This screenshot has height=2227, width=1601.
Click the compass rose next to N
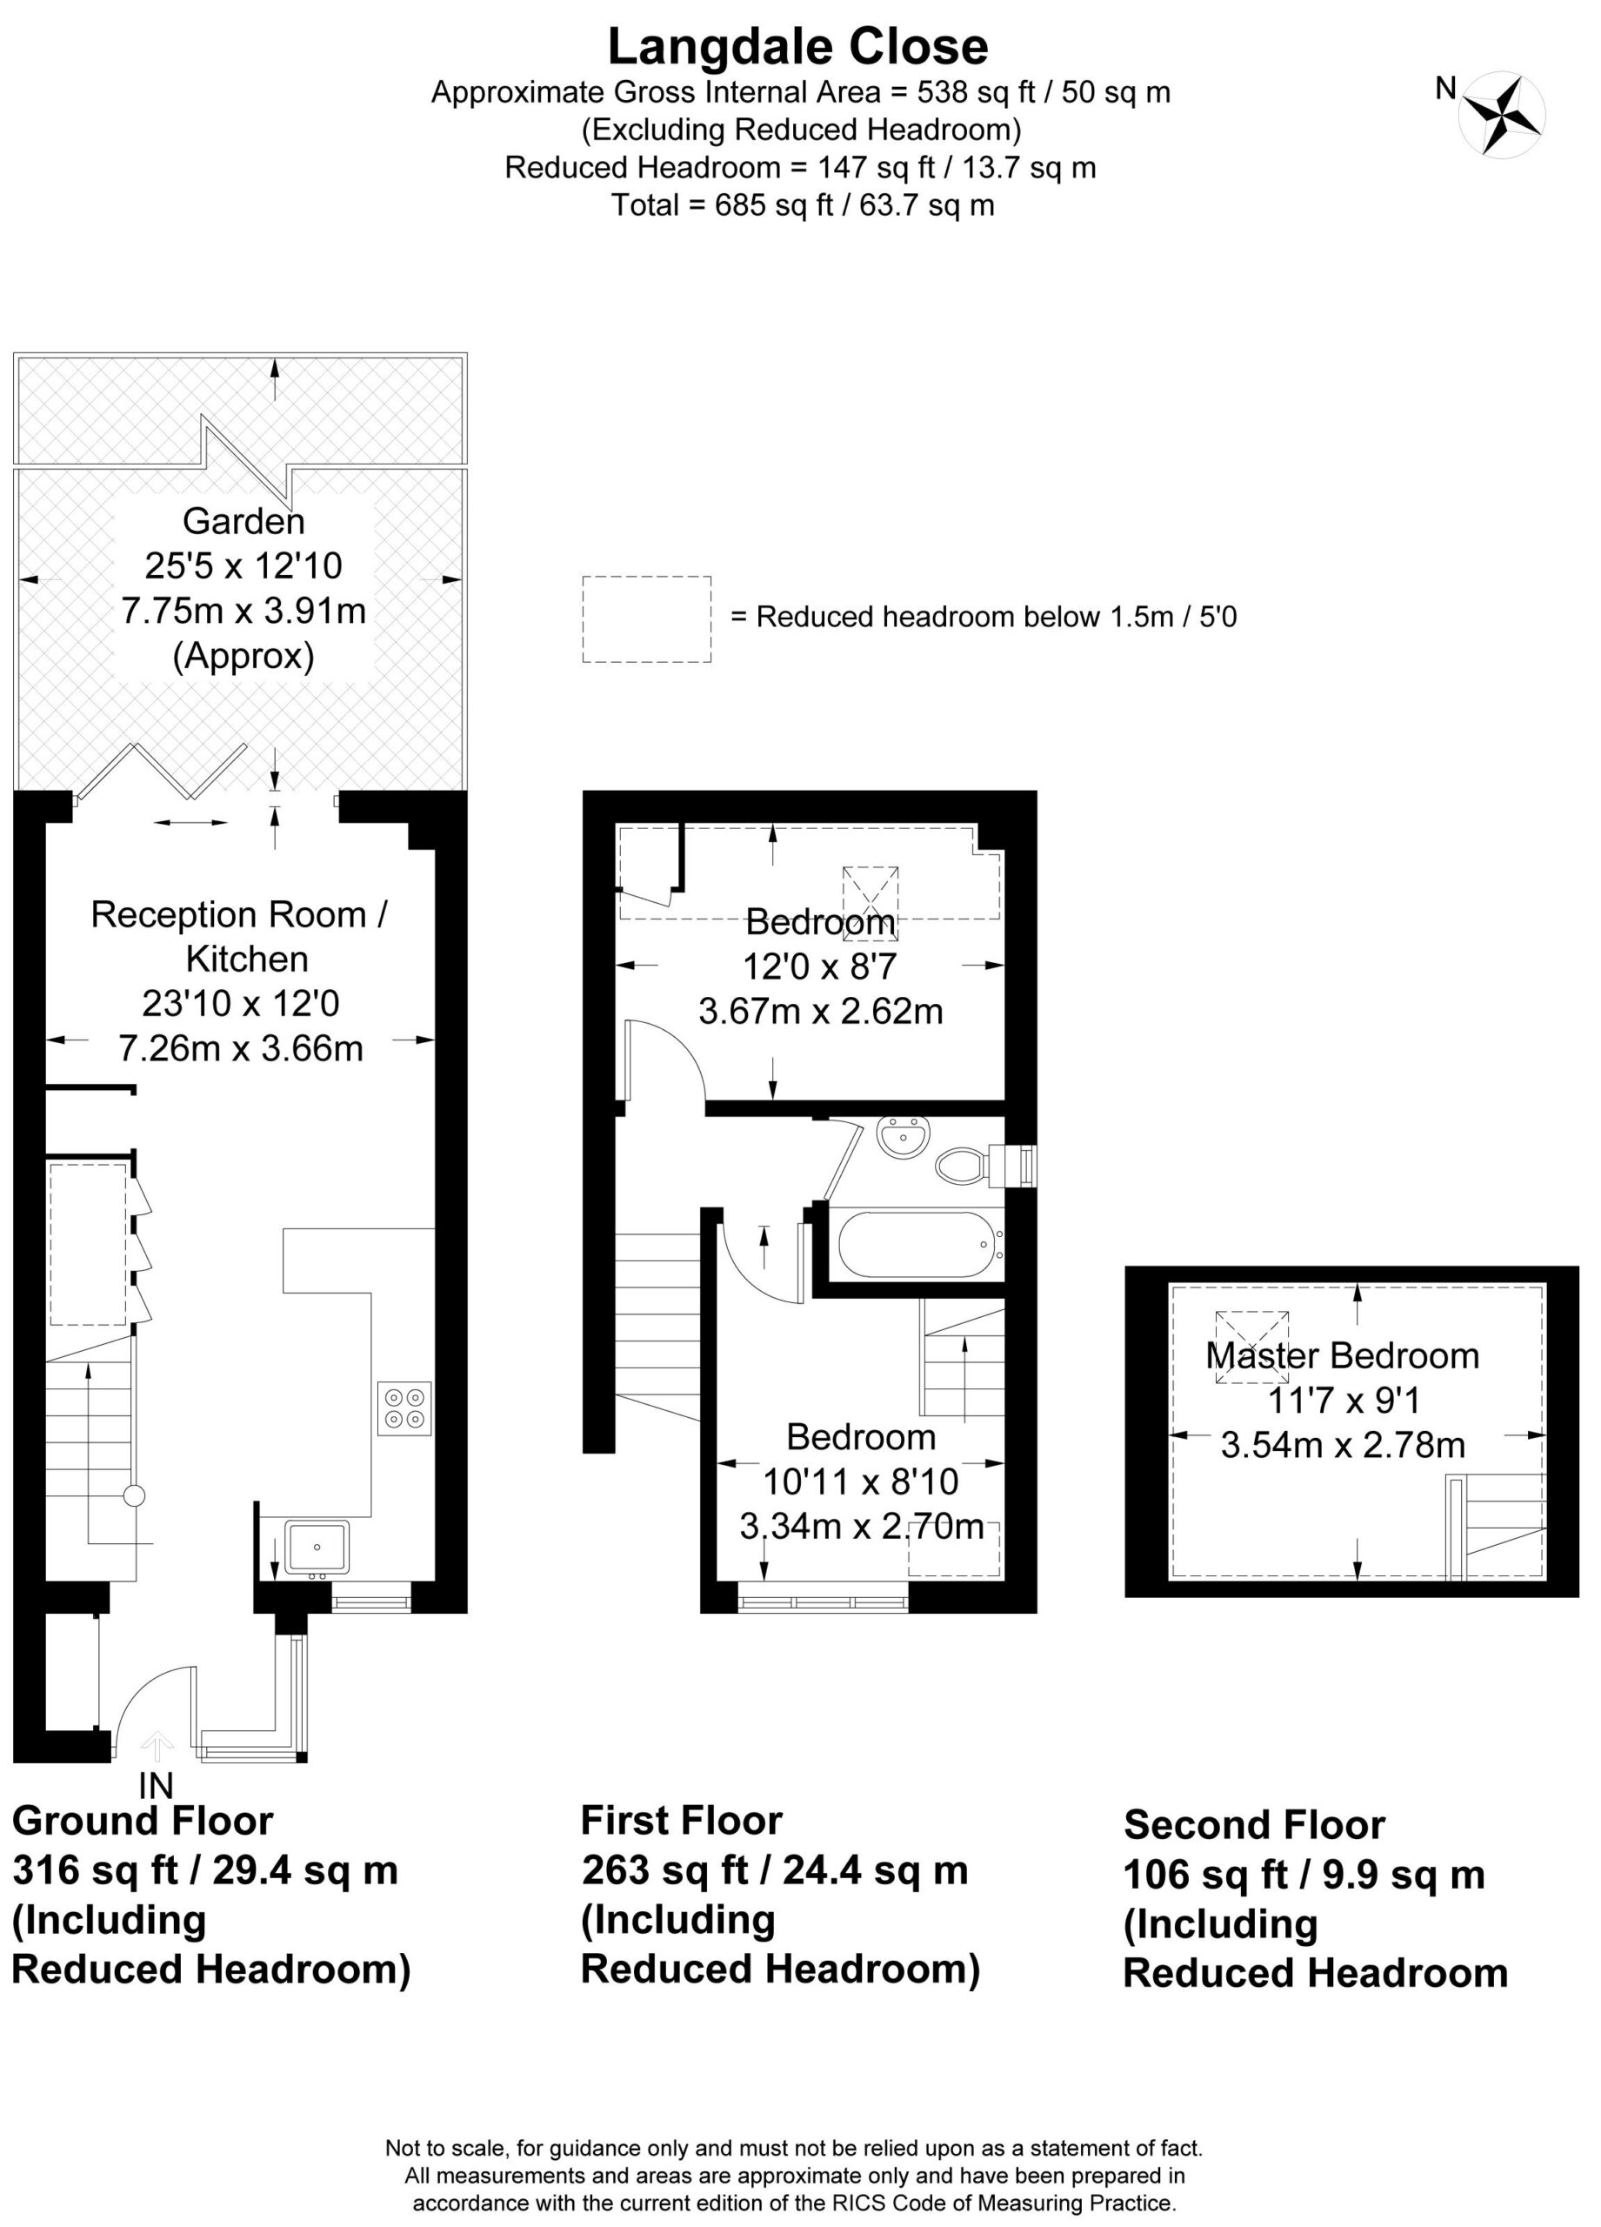point(1501,114)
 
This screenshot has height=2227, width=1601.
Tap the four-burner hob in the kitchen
point(404,1409)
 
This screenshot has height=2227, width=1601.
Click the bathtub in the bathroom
point(915,1245)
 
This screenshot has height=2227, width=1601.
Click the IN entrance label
point(156,1785)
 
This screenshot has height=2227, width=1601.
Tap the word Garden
point(243,520)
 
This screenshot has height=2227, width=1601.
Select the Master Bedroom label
point(1342,1356)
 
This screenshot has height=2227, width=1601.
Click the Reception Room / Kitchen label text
point(239,936)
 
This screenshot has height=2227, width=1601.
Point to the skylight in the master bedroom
point(1251,1348)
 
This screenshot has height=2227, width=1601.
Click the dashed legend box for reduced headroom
point(647,619)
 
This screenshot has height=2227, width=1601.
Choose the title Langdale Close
point(798,46)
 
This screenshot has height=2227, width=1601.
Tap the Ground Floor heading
point(143,1821)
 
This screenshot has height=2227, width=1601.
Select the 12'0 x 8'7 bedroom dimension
point(820,966)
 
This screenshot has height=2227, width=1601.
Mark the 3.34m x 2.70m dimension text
point(861,1526)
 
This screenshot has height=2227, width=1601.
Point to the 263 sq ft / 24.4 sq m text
point(776,1869)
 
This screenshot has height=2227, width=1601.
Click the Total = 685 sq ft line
point(802,205)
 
